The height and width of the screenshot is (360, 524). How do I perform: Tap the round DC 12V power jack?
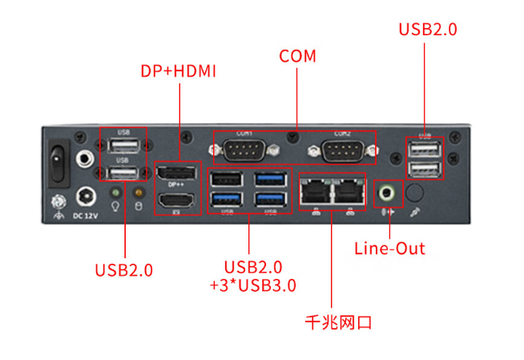coord(86,195)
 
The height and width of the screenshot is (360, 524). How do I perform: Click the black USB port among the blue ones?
coord(225,180)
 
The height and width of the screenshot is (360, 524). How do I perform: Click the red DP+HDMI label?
coord(179,71)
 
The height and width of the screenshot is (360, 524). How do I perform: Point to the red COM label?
coord(297,57)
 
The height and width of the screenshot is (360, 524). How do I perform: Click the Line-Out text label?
coord(389,249)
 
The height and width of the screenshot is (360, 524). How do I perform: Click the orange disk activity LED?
coord(137,193)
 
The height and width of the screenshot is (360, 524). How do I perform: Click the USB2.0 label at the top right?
coord(428,30)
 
